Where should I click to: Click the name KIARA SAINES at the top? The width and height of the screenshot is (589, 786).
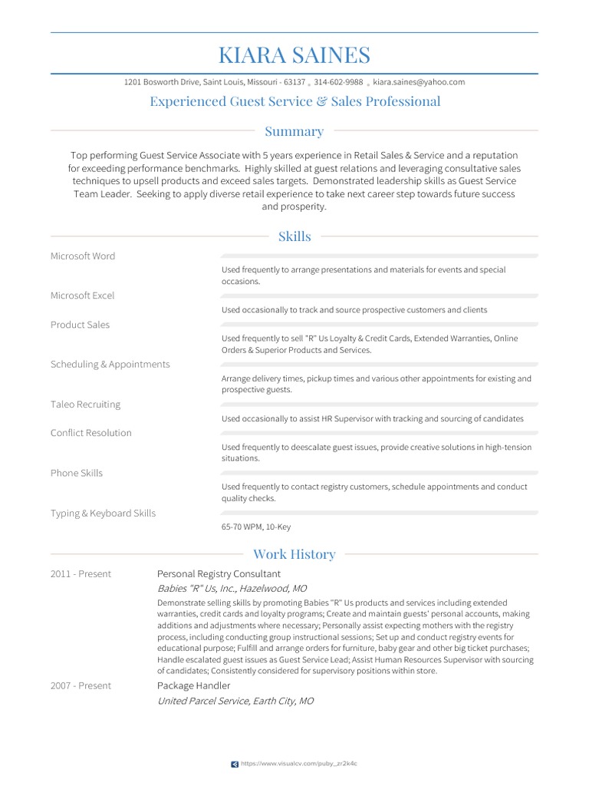click(x=294, y=55)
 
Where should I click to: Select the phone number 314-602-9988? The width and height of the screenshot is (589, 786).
click(x=338, y=82)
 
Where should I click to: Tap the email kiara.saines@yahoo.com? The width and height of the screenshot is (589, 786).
click(x=419, y=82)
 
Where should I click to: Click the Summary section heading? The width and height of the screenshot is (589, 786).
click(x=294, y=131)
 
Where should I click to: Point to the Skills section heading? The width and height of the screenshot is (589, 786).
click(x=294, y=236)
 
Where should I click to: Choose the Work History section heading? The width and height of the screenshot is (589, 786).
click(x=294, y=554)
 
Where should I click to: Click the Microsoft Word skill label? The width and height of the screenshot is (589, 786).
click(x=83, y=256)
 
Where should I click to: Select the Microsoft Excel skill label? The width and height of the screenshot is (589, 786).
click(x=82, y=296)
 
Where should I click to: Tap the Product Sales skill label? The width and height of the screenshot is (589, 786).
click(x=80, y=325)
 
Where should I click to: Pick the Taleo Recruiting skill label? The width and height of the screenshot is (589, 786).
click(x=85, y=405)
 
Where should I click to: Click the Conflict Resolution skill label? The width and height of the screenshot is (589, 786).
click(x=91, y=433)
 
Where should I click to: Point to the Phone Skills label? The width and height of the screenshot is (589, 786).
click(x=77, y=473)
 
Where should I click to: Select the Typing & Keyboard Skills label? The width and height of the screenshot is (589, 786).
click(x=103, y=513)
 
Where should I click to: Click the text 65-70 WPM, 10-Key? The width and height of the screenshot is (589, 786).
click(x=256, y=527)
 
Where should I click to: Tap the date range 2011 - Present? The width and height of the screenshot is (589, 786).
click(x=81, y=574)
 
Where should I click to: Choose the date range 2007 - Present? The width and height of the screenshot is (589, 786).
click(x=81, y=685)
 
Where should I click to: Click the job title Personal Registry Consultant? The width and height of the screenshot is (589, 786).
click(x=219, y=574)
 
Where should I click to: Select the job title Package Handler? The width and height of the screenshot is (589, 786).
click(x=193, y=685)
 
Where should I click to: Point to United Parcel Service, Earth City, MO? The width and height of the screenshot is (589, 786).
click(x=235, y=702)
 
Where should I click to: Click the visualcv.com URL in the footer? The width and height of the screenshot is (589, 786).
click(x=299, y=764)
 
